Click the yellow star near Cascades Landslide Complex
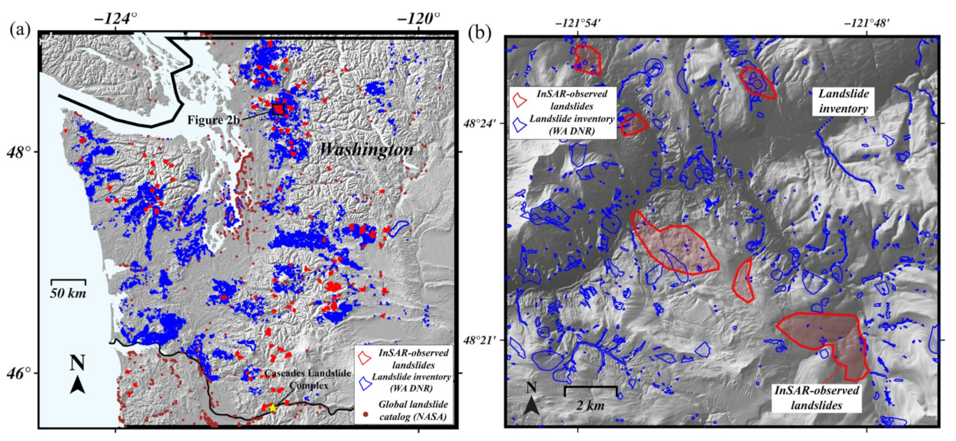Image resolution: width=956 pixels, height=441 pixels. coord(273,408)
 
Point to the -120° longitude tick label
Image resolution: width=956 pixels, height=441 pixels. coord(419,18)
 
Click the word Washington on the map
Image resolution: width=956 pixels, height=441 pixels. coord(366,149)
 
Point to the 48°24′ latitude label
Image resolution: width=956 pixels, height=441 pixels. coord(480,123)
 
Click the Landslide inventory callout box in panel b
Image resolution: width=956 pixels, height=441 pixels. coord(843,101)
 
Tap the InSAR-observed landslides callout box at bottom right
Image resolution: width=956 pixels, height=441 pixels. coord(817,398)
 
